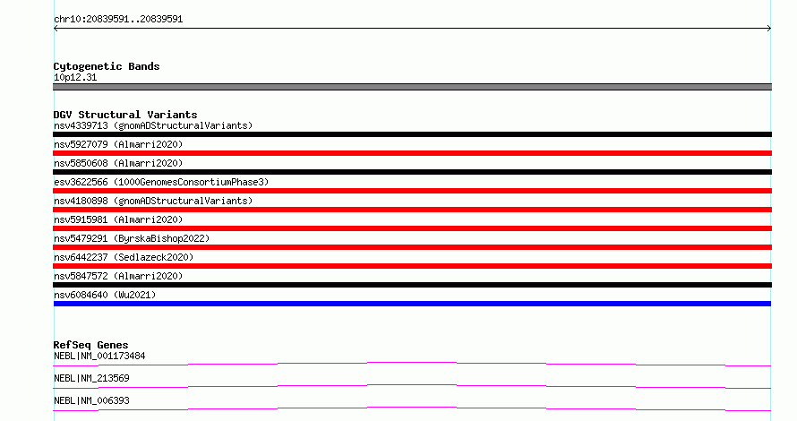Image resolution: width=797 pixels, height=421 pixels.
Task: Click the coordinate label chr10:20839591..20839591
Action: click(118, 20)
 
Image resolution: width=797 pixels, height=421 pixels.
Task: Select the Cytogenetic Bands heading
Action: click(107, 66)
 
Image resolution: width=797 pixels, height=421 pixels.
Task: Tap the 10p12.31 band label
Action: click(75, 77)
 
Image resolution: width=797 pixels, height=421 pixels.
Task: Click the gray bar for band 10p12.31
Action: click(412, 87)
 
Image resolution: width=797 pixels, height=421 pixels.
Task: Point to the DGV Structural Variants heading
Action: click(125, 115)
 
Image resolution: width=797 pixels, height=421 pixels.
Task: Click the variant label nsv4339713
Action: click(81, 125)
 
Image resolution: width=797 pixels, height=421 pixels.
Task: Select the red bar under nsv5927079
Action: click(412, 153)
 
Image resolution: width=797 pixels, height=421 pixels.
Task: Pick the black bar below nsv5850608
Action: click(412, 172)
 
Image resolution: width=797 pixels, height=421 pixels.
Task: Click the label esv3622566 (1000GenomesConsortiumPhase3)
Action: click(161, 182)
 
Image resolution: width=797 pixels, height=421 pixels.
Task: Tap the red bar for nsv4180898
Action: click(412, 210)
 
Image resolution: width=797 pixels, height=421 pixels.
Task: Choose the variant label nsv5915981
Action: click(81, 219)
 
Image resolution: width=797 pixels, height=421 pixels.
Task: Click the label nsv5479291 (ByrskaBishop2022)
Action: click(132, 238)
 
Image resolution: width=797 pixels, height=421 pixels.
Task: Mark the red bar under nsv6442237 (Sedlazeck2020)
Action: click(412, 266)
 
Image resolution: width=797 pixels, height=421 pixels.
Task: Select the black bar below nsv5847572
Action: click(412, 285)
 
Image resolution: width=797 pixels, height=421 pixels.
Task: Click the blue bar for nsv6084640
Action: click(412, 304)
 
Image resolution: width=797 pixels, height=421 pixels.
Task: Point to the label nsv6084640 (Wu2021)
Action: click(105, 295)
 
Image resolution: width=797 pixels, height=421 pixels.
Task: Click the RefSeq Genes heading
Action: click(90, 345)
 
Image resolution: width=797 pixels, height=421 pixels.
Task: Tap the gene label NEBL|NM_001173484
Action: click(99, 356)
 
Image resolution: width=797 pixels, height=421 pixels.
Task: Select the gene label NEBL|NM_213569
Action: click(91, 378)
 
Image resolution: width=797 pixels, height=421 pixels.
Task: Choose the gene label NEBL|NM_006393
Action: click(91, 400)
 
